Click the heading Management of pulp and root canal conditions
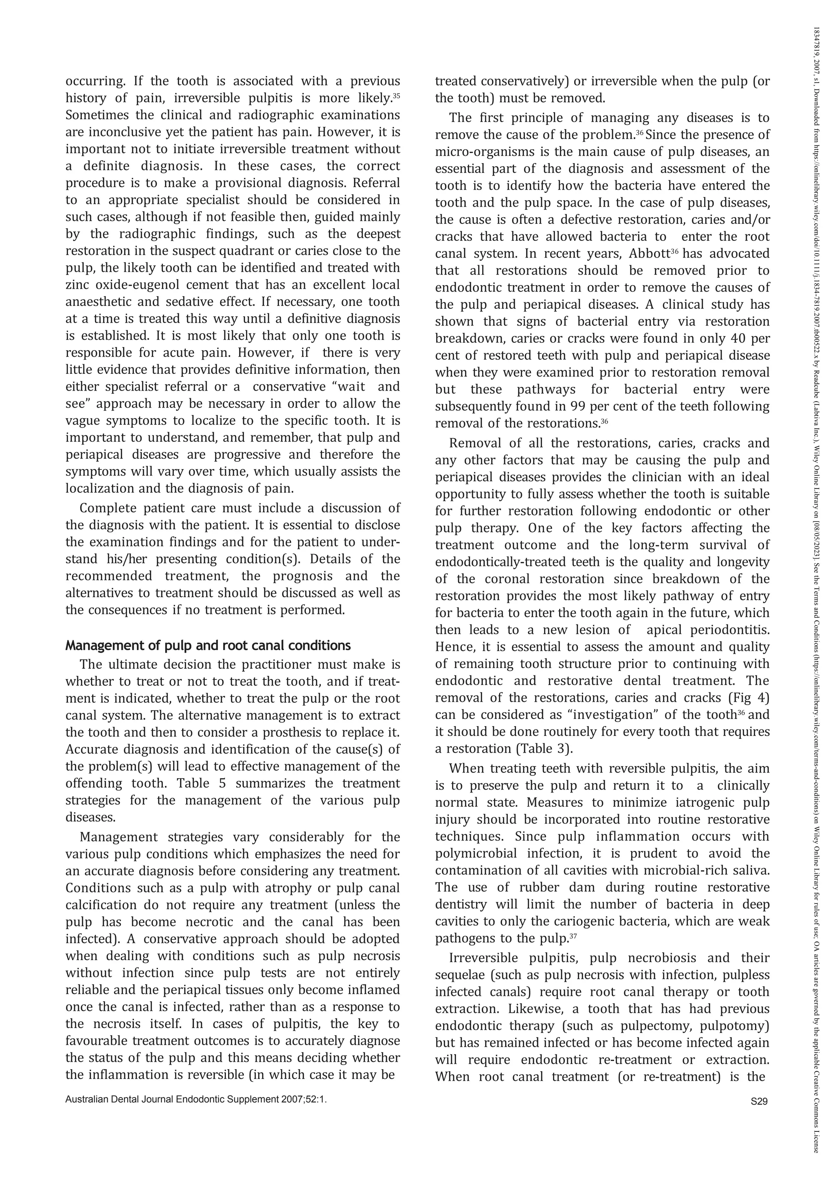coord(208,646)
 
